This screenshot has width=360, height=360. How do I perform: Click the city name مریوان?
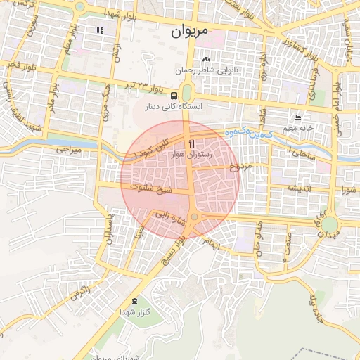click(191, 31)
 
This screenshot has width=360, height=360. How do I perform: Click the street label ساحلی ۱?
click(304, 151)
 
